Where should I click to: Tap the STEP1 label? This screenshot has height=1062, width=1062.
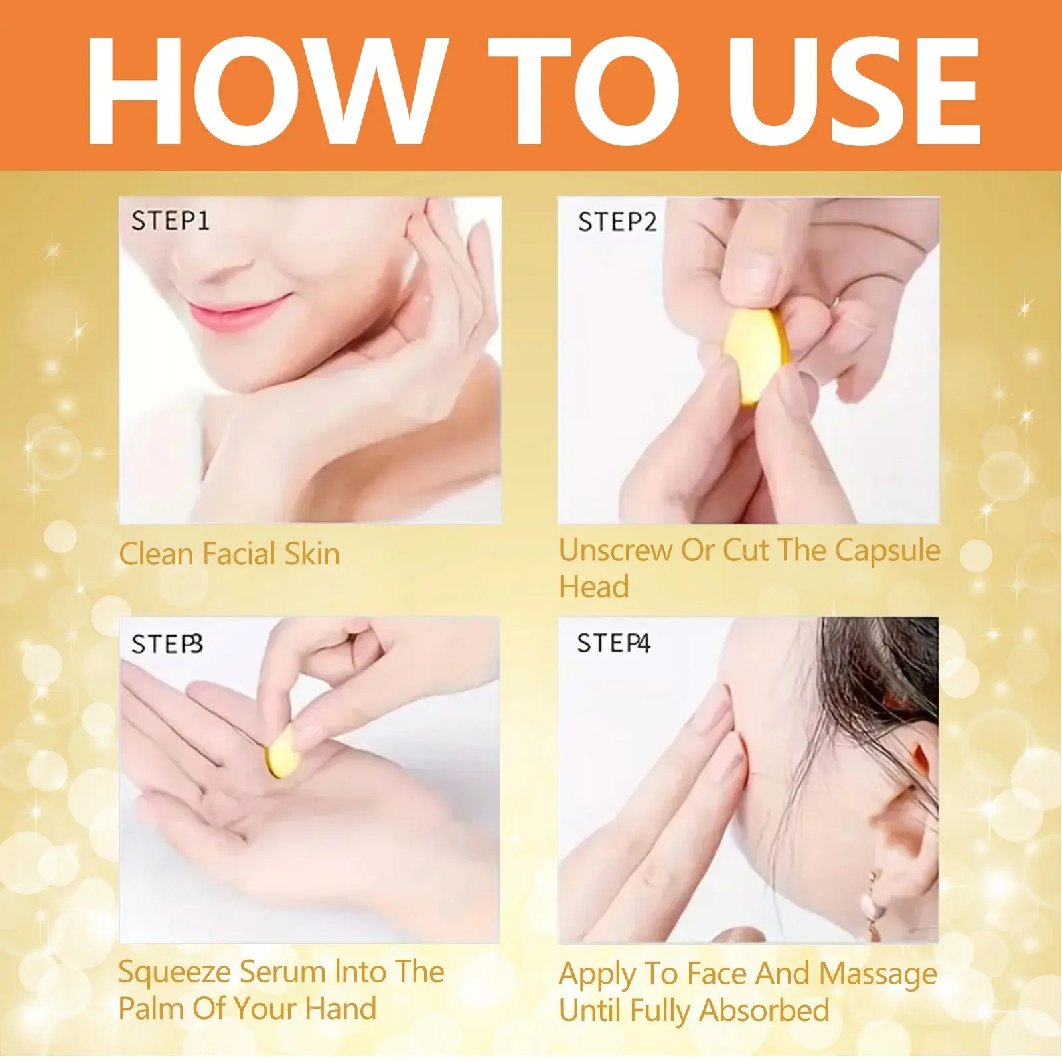pyautogui.click(x=171, y=221)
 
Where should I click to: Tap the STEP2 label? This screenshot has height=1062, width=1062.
pyautogui.click(x=617, y=222)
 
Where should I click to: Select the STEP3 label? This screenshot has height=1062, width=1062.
pyautogui.click(x=167, y=645)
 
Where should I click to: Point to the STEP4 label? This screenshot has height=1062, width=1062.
pyautogui.click(x=613, y=643)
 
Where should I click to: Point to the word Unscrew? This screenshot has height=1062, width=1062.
pyautogui.click(x=615, y=550)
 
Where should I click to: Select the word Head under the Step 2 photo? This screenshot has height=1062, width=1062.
pyautogui.click(x=594, y=587)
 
